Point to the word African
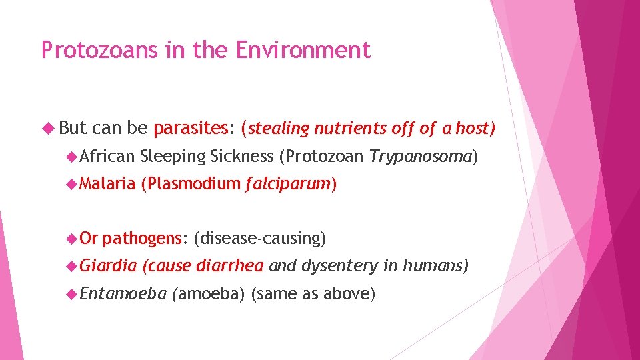[107, 156]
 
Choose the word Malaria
[107, 183]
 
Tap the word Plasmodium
[191, 183]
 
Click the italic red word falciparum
[287, 183]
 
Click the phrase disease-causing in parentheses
[260, 238]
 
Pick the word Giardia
[107, 266]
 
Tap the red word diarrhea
[230, 266]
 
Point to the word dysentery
[339, 266]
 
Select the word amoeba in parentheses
[209, 293]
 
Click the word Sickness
[241, 156]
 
